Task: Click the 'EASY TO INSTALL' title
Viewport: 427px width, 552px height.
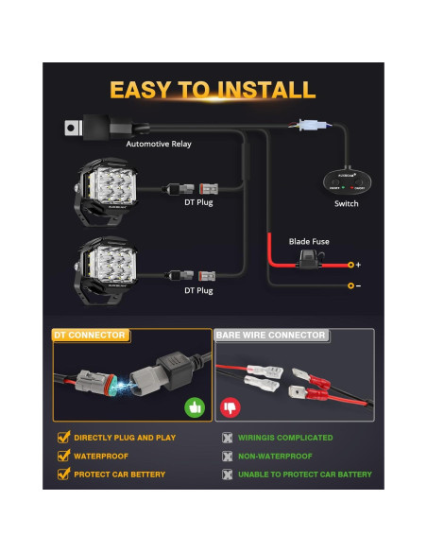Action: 213,91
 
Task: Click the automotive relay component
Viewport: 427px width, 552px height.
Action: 95,125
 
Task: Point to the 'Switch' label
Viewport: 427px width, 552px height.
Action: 346,203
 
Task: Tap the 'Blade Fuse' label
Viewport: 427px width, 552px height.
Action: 308,242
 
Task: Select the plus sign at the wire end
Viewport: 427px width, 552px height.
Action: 358,265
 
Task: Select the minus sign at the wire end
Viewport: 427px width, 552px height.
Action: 358,285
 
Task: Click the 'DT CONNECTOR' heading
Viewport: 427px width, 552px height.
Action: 90,336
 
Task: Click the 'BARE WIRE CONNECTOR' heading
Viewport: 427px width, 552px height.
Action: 271,336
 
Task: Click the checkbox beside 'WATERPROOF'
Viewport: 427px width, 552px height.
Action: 63,456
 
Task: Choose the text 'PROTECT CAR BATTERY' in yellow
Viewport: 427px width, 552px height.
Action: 120,474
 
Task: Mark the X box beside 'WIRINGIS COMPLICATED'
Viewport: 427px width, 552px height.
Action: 226,438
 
